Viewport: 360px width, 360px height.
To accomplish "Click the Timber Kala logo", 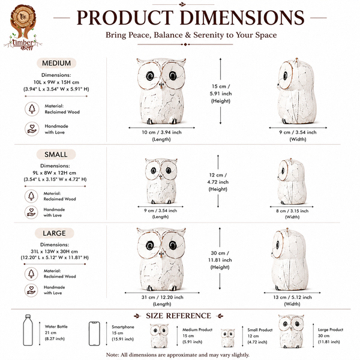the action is pyautogui.click(x=23, y=28).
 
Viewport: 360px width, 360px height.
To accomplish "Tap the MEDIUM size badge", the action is pyautogui.click(x=56, y=63).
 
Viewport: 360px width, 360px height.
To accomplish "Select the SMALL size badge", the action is pyautogui.click(x=56, y=154).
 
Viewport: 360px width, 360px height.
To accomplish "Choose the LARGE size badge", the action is pyautogui.click(x=55, y=233).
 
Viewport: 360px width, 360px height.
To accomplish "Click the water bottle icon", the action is pyautogui.click(x=28, y=330).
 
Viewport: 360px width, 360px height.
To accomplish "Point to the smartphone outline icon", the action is pyautogui.click(x=94, y=334).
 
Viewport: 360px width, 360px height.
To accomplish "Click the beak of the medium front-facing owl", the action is pyautogui.click(x=161, y=86).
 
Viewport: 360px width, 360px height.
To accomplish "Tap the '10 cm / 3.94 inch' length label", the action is pyautogui.click(x=161, y=132).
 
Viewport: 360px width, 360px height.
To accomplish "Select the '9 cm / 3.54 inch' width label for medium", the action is pyautogui.click(x=298, y=132).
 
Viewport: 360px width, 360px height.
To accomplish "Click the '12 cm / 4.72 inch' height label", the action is pyautogui.click(x=218, y=178).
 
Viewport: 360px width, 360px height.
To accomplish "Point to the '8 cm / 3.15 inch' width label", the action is pyautogui.click(x=292, y=211).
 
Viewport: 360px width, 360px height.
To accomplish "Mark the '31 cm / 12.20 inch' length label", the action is pyautogui.click(x=163, y=297).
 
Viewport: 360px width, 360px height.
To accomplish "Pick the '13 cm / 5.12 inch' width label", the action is pyautogui.click(x=292, y=297).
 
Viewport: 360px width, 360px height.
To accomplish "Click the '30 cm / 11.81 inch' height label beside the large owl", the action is pyautogui.click(x=220, y=256).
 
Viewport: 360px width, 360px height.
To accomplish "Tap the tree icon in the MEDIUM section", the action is pyautogui.click(x=32, y=109).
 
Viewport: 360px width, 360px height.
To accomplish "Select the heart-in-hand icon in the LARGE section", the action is pyautogui.click(x=31, y=290).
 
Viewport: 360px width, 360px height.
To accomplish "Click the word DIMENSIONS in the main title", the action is pyautogui.click(x=242, y=17).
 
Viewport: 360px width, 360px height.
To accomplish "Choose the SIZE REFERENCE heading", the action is pyautogui.click(x=178, y=316).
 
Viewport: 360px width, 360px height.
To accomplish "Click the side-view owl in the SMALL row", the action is pyautogui.click(x=292, y=181).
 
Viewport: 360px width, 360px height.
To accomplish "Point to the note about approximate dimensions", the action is pyautogui.click(x=178, y=355).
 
